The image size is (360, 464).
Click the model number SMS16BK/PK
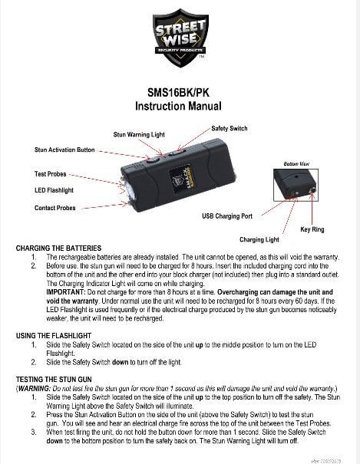pos(179,90)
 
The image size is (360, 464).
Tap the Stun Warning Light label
pos(139,134)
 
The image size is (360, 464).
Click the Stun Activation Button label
pos(64,150)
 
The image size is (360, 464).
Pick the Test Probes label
pos(54,174)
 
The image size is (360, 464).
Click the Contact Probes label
pos(55,208)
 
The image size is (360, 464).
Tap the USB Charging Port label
pos(227,216)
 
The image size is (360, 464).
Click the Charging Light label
pos(258,239)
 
